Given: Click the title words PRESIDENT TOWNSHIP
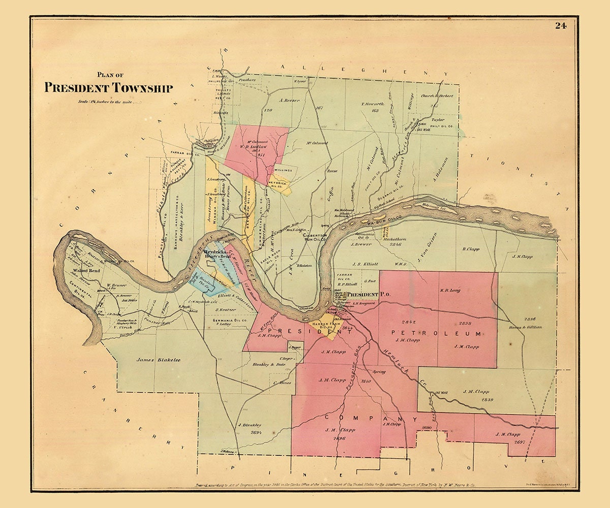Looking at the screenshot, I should tap(108, 88).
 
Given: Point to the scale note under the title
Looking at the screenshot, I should tap(108, 102).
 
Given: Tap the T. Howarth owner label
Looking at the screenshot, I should tap(373, 104).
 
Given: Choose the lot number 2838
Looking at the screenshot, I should tap(465, 323).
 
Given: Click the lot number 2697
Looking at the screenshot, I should tap(519, 442).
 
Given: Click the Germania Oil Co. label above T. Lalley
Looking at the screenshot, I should tap(231, 321).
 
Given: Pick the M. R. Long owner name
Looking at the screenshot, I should tap(449, 291).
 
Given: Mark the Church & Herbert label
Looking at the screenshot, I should tap(436, 96).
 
